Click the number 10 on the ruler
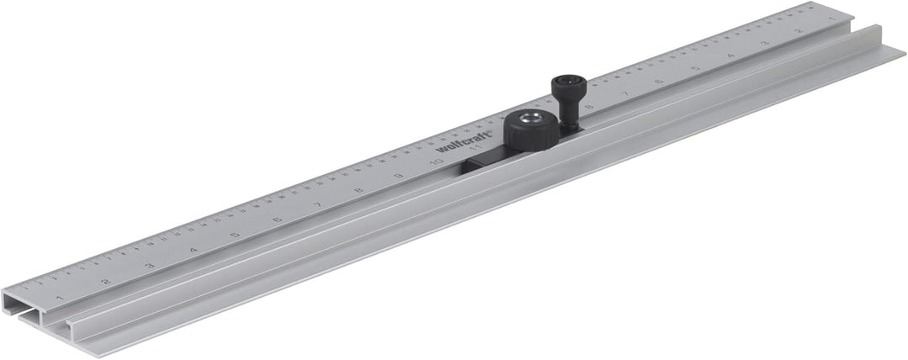[436, 162]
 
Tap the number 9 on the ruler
[398, 174]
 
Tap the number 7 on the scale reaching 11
[318, 204]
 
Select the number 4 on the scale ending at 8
[730, 56]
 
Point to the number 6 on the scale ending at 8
[659, 82]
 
